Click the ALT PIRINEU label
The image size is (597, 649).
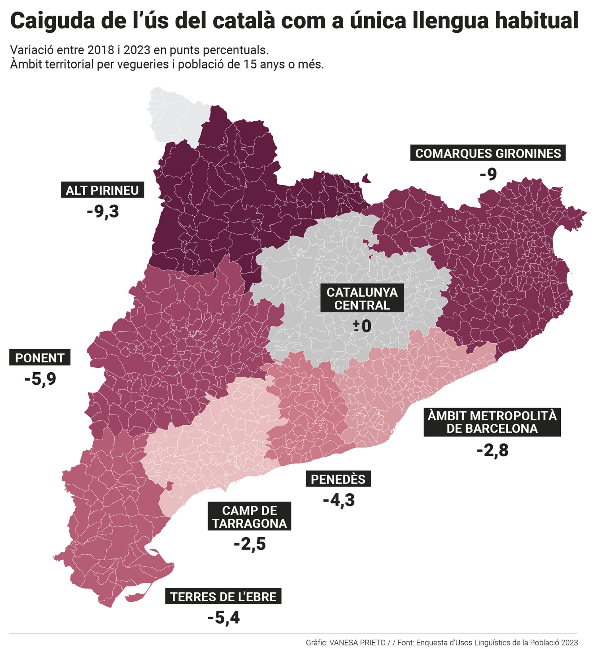[x=102, y=190]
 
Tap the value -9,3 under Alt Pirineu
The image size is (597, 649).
[x=103, y=211]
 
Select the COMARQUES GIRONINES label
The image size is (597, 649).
[x=488, y=153]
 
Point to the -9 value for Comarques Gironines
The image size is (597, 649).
[x=488, y=174]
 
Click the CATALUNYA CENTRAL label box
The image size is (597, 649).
[x=362, y=299]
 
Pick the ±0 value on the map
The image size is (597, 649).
[x=362, y=326]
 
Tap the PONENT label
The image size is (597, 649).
[x=40, y=358]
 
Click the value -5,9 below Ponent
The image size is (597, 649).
[x=40, y=379]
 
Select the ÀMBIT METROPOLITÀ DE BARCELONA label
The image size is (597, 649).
[x=492, y=422]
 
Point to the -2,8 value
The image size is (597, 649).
[x=492, y=450]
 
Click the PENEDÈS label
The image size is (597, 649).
[x=338, y=479]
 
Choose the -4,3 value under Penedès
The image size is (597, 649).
[x=339, y=500]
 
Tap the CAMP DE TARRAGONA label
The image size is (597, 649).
[x=250, y=516]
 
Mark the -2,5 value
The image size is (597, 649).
[x=250, y=544]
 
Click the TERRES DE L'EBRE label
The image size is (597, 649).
[x=223, y=596]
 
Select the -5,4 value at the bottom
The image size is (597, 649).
[x=224, y=618]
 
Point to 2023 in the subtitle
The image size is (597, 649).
[x=137, y=50]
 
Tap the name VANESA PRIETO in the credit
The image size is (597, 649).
[x=357, y=642]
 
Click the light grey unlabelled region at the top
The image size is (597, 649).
[x=175, y=115]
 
